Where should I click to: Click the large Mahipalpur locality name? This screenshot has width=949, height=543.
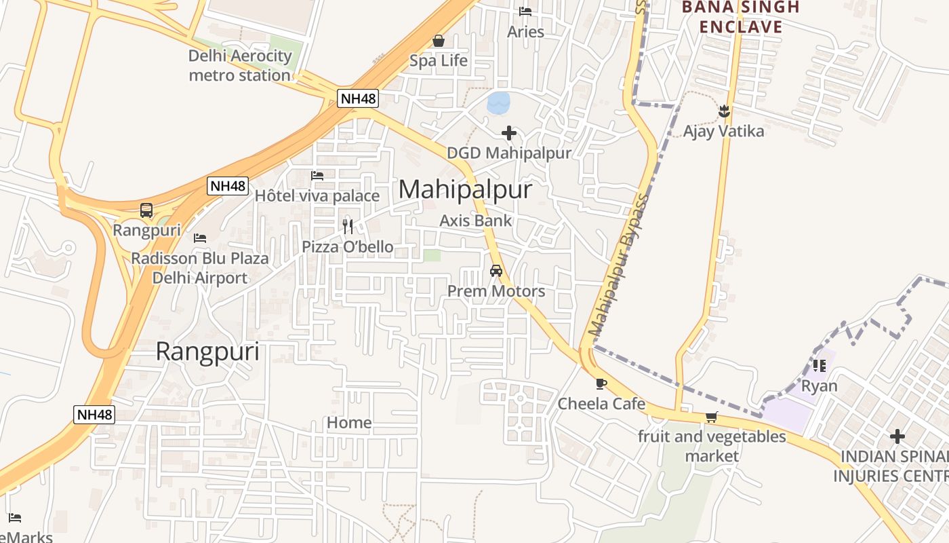(x=465, y=190)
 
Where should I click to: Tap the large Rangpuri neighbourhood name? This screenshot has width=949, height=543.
(x=207, y=352)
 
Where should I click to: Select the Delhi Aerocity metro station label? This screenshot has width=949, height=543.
(x=240, y=66)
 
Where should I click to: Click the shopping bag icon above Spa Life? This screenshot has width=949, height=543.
(x=439, y=41)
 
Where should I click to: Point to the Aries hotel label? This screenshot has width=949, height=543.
(x=525, y=32)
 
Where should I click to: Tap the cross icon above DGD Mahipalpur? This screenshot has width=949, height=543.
(x=508, y=133)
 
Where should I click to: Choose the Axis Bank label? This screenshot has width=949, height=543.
(x=476, y=221)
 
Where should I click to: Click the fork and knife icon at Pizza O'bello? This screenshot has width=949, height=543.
(x=348, y=226)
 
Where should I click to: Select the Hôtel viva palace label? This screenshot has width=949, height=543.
(x=317, y=196)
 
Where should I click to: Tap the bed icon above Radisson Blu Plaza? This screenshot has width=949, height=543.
(x=200, y=238)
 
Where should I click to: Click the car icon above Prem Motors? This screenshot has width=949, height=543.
(x=496, y=271)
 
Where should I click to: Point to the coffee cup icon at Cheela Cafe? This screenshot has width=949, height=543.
(x=601, y=383)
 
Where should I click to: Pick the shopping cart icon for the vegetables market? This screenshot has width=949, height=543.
(x=711, y=417)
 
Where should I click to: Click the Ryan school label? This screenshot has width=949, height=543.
(x=820, y=386)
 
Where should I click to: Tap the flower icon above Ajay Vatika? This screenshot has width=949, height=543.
(x=724, y=110)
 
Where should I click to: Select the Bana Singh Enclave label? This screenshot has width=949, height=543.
(x=740, y=18)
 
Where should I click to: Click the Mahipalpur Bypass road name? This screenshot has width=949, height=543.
(x=618, y=265)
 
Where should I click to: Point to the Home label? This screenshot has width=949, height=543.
(x=349, y=423)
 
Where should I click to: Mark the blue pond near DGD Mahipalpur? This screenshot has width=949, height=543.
(x=499, y=102)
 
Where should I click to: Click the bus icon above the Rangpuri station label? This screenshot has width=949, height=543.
(x=146, y=210)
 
